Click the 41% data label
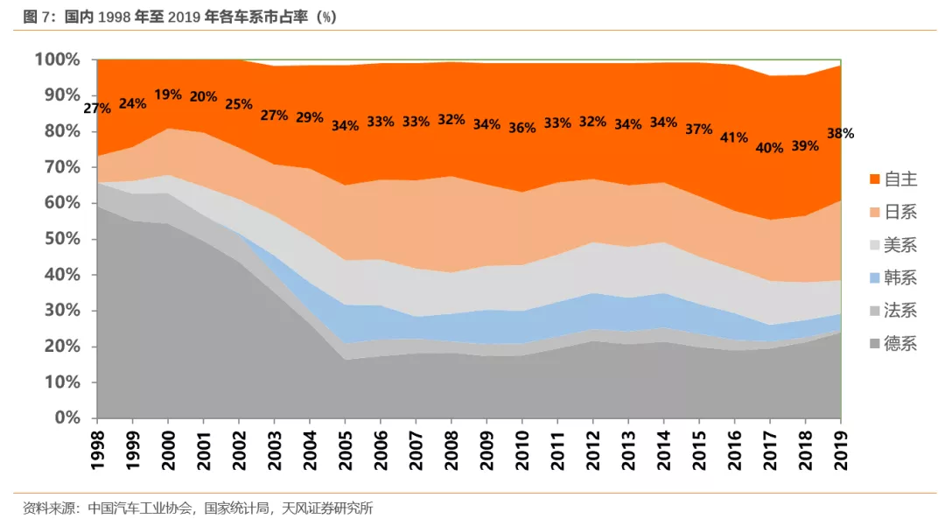pyautogui.click(x=734, y=137)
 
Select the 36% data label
pyautogui.click(x=521, y=128)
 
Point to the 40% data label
pyautogui.click(x=769, y=148)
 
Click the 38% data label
pyautogui.click(x=841, y=134)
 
